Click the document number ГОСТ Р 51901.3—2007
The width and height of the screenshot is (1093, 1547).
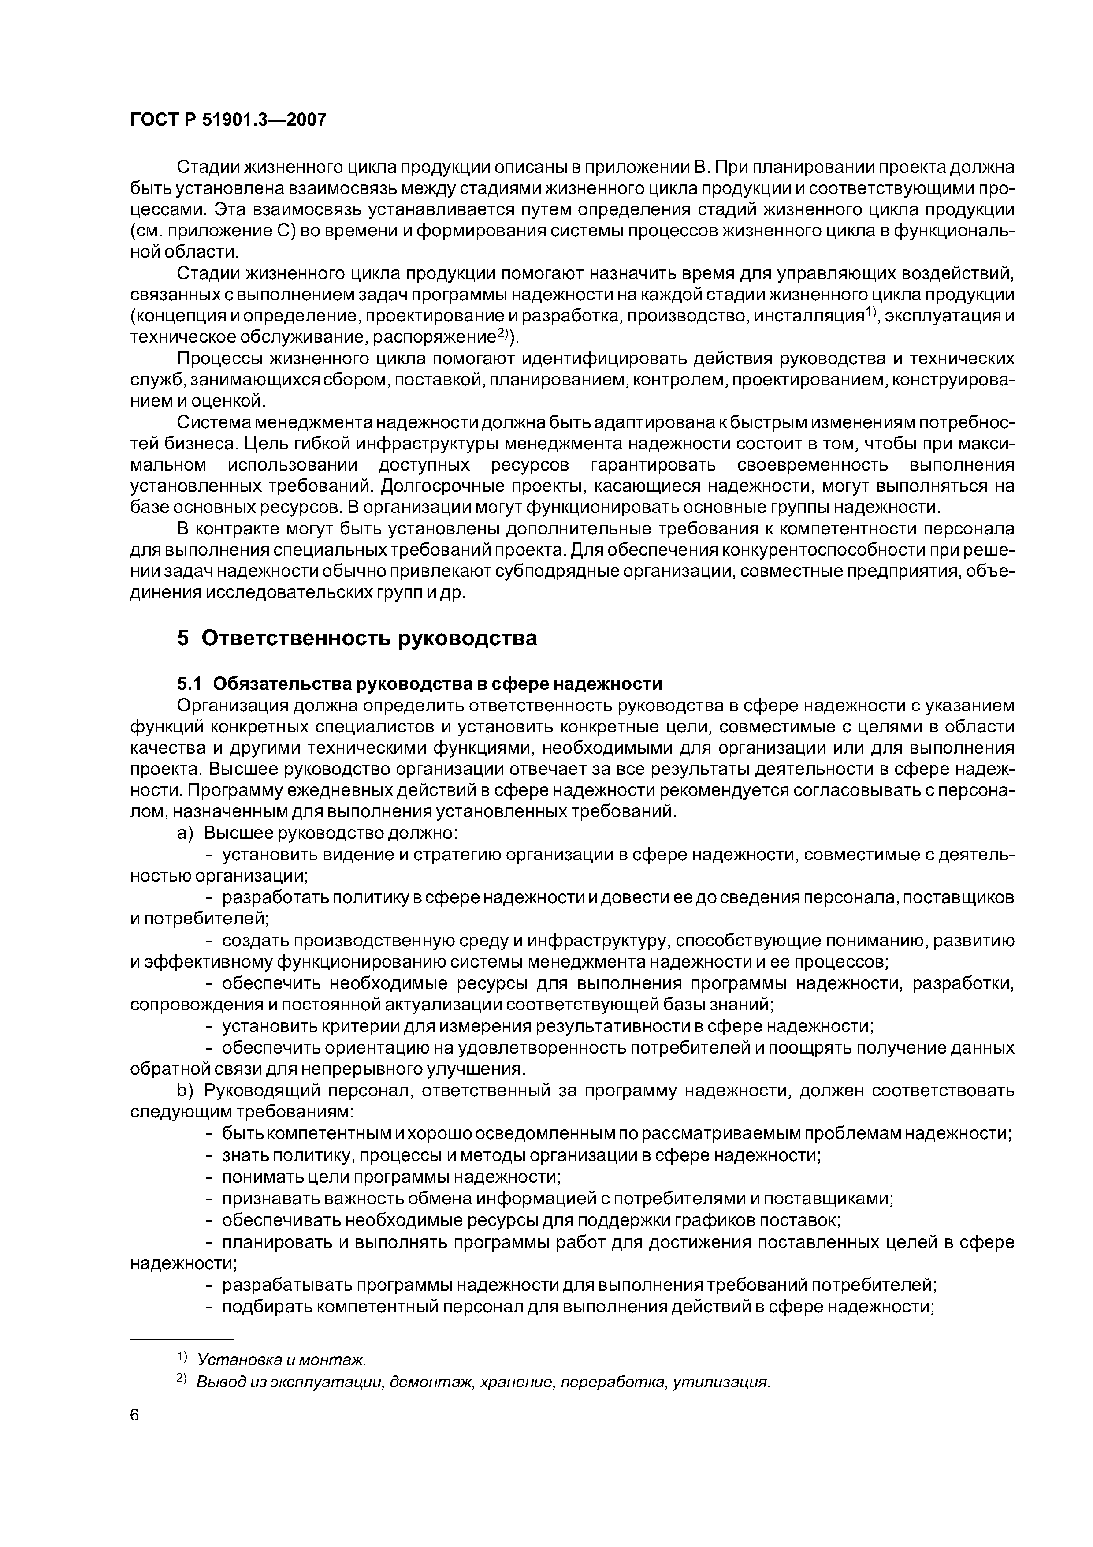click(x=227, y=120)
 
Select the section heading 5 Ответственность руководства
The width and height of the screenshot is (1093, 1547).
click(x=357, y=637)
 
